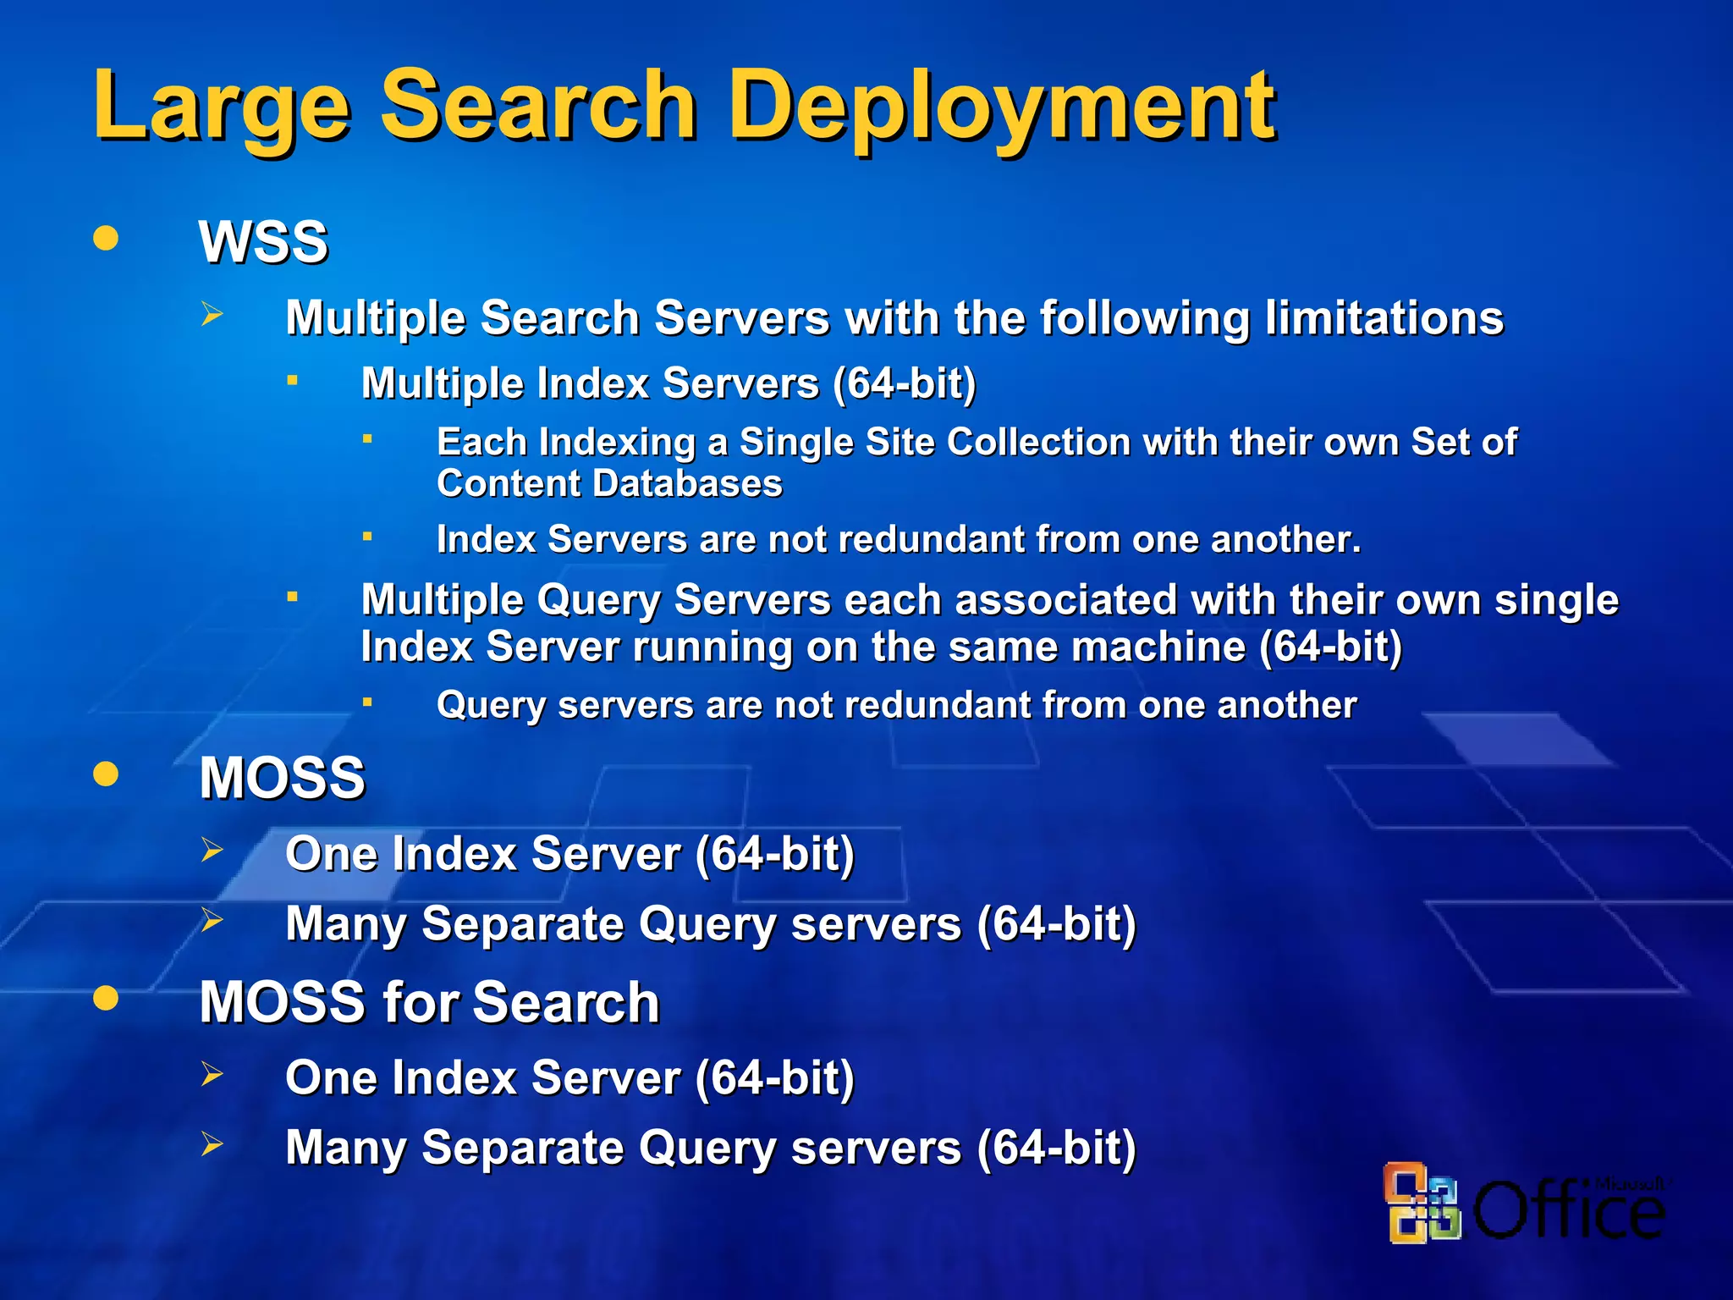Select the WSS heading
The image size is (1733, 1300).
click(263, 243)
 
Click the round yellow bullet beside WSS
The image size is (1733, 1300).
click(106, 238)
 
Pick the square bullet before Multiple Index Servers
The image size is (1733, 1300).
click(292, 381)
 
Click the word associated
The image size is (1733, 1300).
click(1061, 600)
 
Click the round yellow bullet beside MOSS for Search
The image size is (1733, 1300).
click(106, 998)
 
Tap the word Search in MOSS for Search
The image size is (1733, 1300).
click(565, 1003)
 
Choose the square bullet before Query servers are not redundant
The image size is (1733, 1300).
click(367, 702)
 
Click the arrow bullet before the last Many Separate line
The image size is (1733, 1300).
click(212, 1144)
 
